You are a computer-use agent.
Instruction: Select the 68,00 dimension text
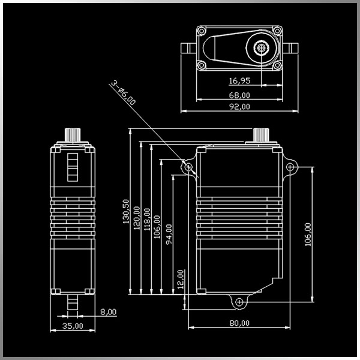(x=239, y=94)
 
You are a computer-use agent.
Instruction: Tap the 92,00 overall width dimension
(x=239, y=106)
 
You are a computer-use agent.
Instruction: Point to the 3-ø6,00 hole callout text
(x=123, y=93)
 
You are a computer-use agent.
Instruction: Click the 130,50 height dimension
(x=126, y=211)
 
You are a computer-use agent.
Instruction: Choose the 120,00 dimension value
(x=137, y=218)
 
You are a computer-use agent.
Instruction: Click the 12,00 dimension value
(x=181, y=279)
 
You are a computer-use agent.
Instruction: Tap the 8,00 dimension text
(x=109, y=312)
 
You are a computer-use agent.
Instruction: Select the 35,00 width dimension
(x=73, y=326)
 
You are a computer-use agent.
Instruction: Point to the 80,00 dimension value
(x=239, y=323)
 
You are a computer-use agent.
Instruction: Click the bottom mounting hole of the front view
(x=239, y=301)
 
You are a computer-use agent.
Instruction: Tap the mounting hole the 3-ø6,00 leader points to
(x=188, y=166)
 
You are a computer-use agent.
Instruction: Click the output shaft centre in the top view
(x=262, y=47)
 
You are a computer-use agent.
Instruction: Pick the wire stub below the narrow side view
(x=73, y=304)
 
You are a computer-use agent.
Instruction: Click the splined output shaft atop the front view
(x=262, y=134)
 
